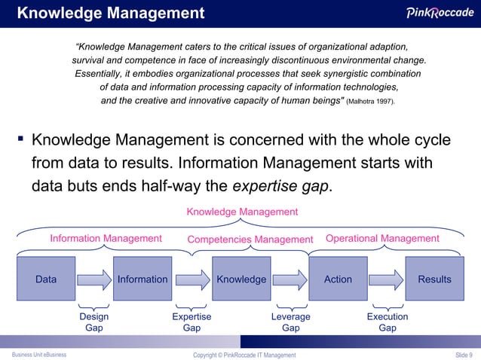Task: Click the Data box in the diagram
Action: click(x=46, y=279)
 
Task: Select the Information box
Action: click(x=142, y=279)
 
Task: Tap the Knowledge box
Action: click(x=241, y=279)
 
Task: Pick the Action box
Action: click(x=338, y=279)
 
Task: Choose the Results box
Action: click(x=435, y=279)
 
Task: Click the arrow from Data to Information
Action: click(x=94, y=280)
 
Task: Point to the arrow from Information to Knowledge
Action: click(x=191, y=280)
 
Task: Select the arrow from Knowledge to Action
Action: click(x=290, y=280)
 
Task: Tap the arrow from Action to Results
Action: click(x=387, y=280)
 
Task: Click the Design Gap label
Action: click(x=94, y=322)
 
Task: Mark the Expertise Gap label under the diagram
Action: click(x=191, y=322)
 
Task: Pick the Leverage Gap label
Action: click(x=290, y=322)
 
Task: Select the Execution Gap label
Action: click(x=388, y=322)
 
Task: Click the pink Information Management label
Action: click(x=106, y=239)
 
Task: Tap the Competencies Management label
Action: click(x=250, y=239)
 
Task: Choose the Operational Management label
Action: click(x=382, y=239)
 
